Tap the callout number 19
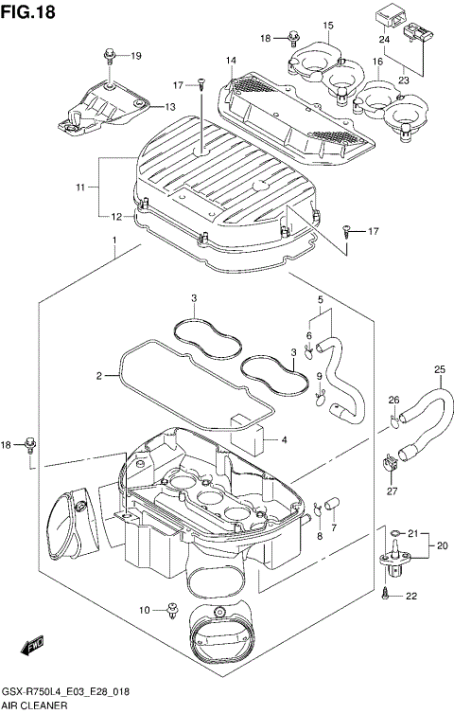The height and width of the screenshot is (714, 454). click(135, 56)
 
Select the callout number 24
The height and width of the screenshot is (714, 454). click(384, 40)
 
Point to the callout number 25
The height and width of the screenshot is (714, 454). click(439, 369)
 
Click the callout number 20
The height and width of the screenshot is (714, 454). click(441, 545)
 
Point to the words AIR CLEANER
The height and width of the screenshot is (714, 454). click(33, 706)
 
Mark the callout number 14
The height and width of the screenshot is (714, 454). click(231, 62)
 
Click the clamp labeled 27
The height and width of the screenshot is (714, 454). click(390, 463)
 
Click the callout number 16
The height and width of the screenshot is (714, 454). click(376, 62)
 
